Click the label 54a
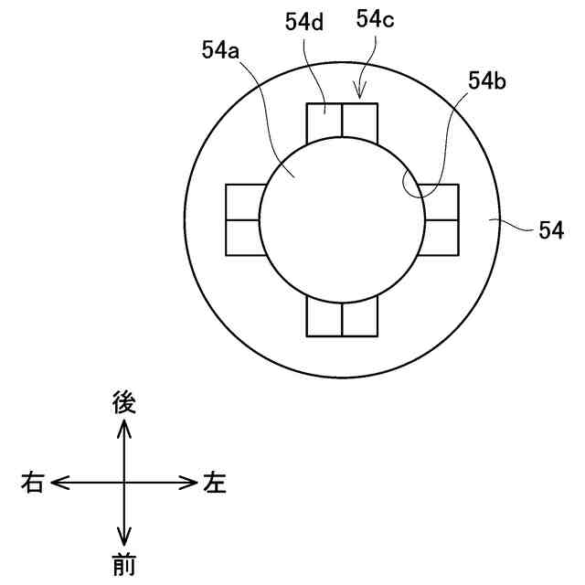[220, 50]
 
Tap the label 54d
[304, 22]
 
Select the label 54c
[375, 18]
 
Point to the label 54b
[487, 80]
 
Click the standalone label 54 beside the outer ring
[551, 230]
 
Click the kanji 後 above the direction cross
[124, 402]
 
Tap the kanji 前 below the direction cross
[124, 566]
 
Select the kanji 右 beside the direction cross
[33, 483]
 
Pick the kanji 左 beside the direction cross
[215, 483]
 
